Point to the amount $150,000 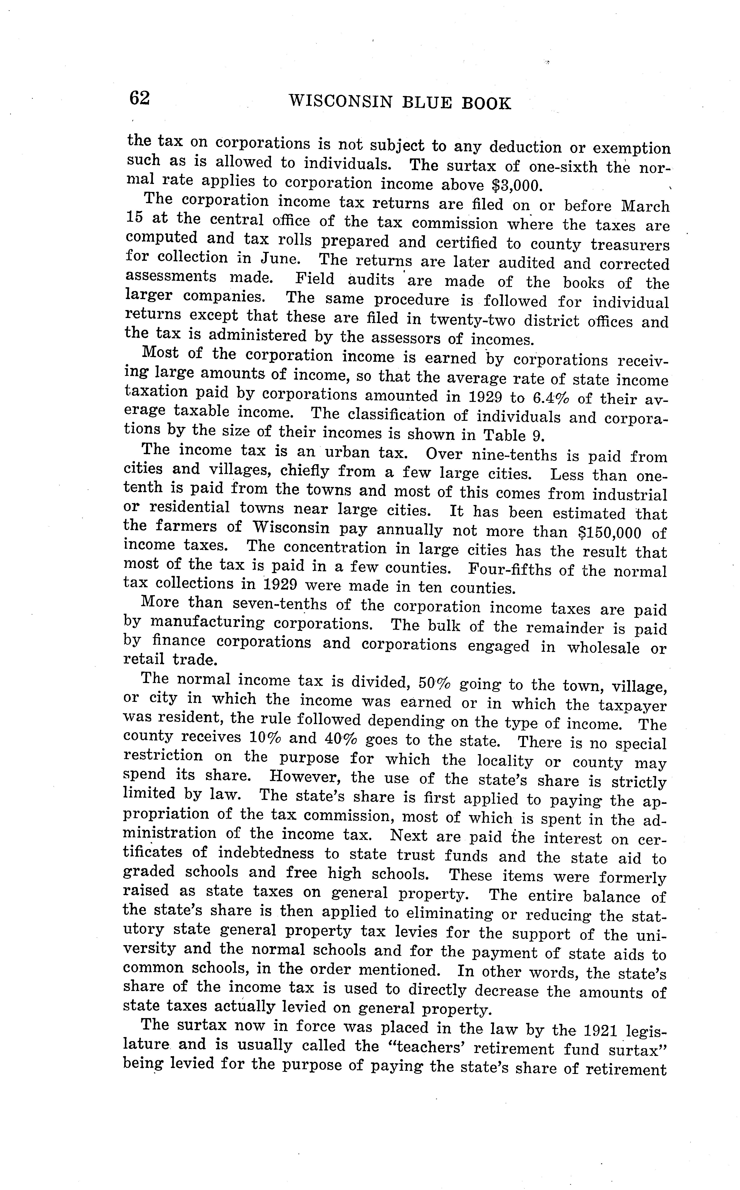[607, 532]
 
